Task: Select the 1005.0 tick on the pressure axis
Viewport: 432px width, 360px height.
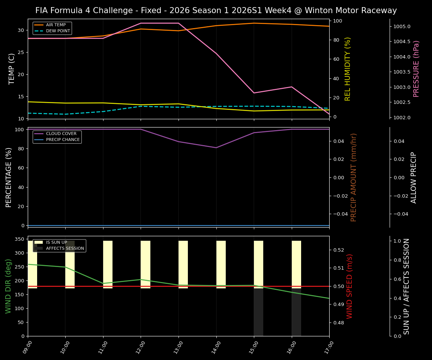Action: click(402, 27)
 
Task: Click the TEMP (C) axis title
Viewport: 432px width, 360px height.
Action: click(12, 69)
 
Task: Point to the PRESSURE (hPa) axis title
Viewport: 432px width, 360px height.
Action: click(416, 69)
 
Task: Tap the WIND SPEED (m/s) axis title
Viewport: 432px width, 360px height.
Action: click(349, 286)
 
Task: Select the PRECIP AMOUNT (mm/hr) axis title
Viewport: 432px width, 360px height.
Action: click(354, 177)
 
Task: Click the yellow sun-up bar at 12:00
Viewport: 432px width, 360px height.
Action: click(145, 264)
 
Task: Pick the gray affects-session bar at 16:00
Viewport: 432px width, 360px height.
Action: click(296, 311)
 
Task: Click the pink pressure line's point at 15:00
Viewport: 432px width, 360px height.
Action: click(254, 93)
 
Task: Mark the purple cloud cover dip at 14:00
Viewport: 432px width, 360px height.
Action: click(216, 147)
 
